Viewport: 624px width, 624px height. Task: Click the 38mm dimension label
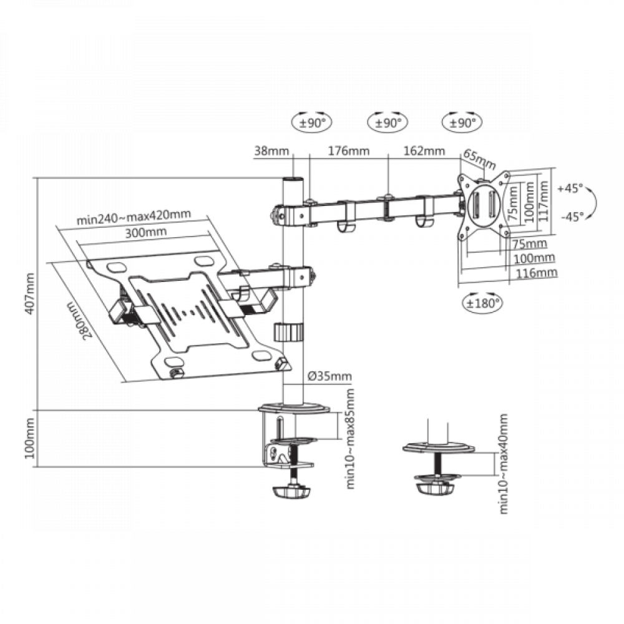click(272, 151)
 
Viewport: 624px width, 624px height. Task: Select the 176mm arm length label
click(349, 151)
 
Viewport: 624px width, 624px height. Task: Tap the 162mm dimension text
click(424, 151)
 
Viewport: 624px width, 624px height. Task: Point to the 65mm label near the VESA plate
click(479, 159)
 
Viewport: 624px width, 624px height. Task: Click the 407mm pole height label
click(30, 294)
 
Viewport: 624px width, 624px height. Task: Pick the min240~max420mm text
click(134, 217)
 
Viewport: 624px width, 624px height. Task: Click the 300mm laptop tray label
click(146, 232)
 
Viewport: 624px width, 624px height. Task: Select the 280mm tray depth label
click(80, 319)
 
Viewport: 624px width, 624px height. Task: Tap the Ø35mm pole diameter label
click(330, 376)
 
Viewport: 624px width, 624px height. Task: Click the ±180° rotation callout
click(482, 303)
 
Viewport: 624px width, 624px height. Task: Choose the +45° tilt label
click(570, 188)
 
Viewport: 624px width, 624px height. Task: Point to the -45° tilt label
click(572, 217)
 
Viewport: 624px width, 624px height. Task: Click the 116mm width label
click(537, 273)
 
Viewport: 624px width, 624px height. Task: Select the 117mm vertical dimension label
click(544, 201)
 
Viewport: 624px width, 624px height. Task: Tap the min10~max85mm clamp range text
click(350, 439)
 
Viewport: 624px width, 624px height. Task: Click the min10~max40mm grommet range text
click(504, 464)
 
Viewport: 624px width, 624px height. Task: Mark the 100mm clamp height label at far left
click(30, 438)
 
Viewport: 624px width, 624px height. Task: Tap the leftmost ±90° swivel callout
click(311, 122)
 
